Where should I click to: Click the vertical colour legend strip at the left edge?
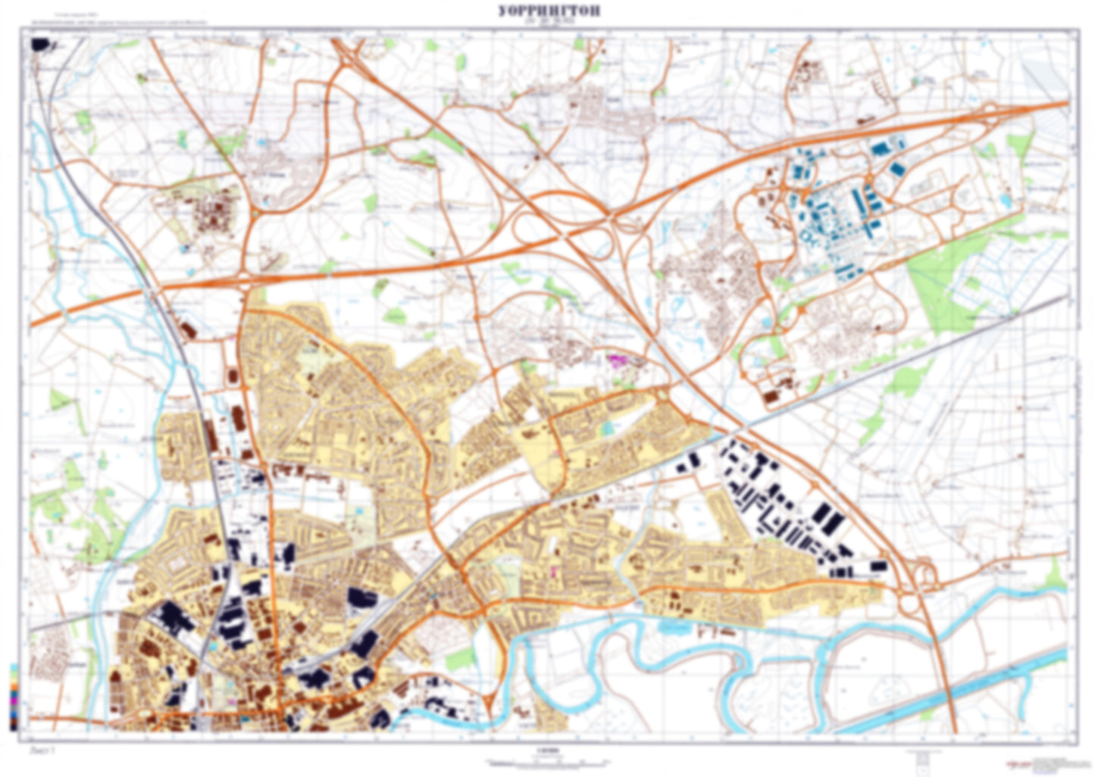(x=13, y=697)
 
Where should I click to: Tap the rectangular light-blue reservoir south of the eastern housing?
(x=670, y=627)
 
